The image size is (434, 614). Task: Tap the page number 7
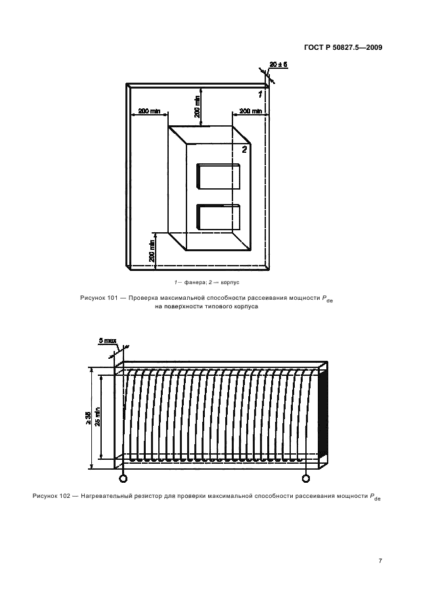click(380, 560)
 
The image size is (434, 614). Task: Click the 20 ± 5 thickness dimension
click(278, 64)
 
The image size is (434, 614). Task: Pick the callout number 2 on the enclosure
click(244, 150)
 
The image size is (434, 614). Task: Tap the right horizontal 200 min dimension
click(250, 112)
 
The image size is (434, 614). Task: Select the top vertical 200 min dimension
click(197, 104)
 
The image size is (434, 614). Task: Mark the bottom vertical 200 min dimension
click(152, 248)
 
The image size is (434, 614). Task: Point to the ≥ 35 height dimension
click(88, 417)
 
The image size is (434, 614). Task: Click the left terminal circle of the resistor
click(123, 478)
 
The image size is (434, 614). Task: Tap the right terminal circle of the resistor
click(306, 478)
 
